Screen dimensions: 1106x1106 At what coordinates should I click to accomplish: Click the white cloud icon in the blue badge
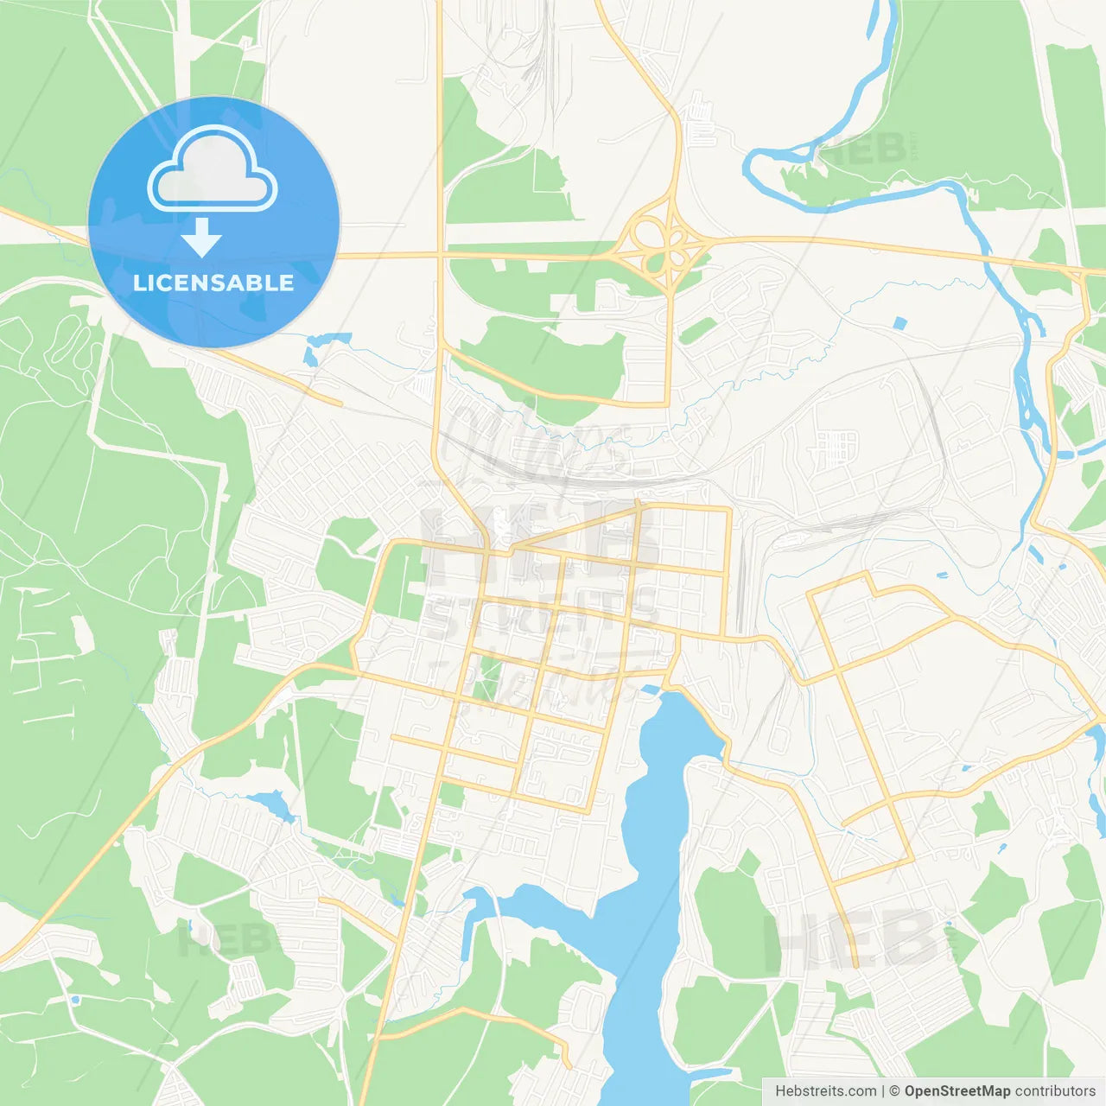click(x=213, y=170)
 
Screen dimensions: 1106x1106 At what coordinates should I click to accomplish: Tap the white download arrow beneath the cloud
click(x=201, y=238)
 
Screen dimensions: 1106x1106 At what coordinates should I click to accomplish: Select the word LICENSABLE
click(x=213, y=283)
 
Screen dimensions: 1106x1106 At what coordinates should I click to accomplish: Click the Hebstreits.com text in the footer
click(x=825, y=1091)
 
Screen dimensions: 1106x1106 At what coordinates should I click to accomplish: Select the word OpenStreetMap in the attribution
click(x=957, y=1091)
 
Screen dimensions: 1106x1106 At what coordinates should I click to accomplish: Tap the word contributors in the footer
click(x=1055, y=1091)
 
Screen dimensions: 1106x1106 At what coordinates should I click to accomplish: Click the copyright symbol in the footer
click(x=895, y=1091)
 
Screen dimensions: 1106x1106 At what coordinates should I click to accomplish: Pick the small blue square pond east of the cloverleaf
click(x=900, y=324)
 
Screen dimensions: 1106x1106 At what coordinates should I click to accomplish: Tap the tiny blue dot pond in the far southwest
click(x=75, y=1000)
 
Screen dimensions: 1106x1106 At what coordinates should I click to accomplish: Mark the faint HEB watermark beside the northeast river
click(x=868, y=149)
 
